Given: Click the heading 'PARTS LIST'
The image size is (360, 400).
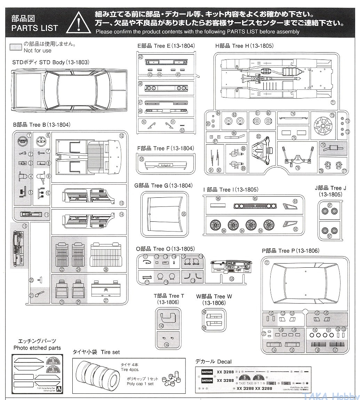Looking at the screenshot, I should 34,28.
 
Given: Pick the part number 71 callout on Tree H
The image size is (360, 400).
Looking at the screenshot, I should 333,102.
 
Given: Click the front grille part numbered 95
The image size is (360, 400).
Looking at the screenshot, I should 255,206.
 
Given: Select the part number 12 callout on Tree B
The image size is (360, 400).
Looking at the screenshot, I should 121,136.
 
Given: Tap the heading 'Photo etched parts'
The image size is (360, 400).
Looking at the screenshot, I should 37,348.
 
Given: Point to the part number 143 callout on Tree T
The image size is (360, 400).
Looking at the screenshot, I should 161,326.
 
